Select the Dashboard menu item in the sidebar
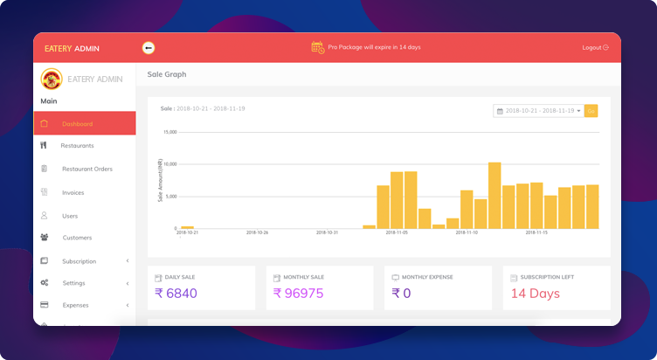[x=77, y=123]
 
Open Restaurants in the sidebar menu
[x=77, y=146]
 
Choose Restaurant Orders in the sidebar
[x=86, y=169]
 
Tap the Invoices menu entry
[x=73, y=192]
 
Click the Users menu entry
[x=70, y=215]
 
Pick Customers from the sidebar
[x=77, y=238]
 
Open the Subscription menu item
[x=79, y=261]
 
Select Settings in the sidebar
[x=73, y=283]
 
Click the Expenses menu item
[x=75, y=305]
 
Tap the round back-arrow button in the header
[x=149, y=47]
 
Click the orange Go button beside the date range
[x=591, y=111]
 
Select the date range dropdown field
[x=538, y=111]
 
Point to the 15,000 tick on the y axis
[x=169, y=132]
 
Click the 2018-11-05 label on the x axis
[x=398, y=233]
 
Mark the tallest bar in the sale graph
[x=494, y=195]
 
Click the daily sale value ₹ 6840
[x=176, y=294]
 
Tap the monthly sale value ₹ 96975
[x=298, y=294]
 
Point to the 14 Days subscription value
[x=535, y=294]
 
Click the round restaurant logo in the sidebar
[x=52, y=80]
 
